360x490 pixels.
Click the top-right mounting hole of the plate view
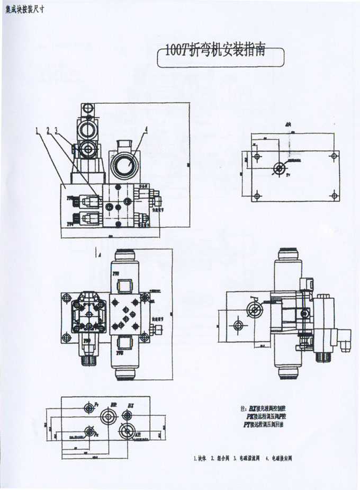[334, 156]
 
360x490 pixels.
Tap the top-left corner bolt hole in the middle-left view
[67, 296]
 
